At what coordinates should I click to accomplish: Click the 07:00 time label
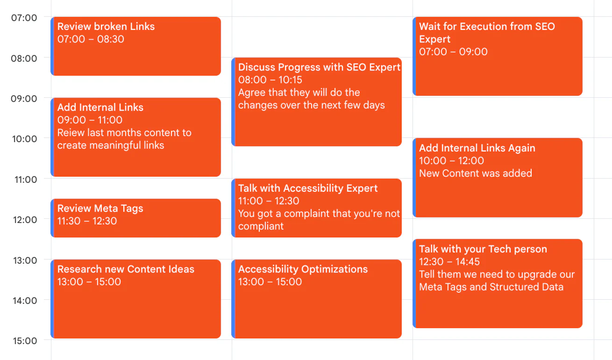coord(23,18)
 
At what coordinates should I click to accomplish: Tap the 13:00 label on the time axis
coord(23,260)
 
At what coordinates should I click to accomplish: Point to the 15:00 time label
coord(23,341)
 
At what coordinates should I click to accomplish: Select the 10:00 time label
coord(23,139)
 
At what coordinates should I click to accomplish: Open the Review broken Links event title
coord(106,27)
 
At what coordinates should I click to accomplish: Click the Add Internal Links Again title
coord(477,148)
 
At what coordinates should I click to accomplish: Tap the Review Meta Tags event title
coord(100,209)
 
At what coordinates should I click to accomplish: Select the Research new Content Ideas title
coord(126,269)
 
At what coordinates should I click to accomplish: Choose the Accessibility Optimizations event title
coord(303,269)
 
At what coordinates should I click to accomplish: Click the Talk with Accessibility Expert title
coord(308,188)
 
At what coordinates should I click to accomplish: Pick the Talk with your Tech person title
coord(483,249)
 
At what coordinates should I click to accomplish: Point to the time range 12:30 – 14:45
coord(449,262)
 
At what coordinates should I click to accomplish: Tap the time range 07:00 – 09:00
coord(453,52)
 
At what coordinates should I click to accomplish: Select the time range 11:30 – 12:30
coord(87,221)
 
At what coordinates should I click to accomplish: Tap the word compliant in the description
coord(261,226)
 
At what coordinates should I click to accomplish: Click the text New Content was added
coord(475,173)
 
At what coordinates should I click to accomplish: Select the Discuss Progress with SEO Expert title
coord(319,67)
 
